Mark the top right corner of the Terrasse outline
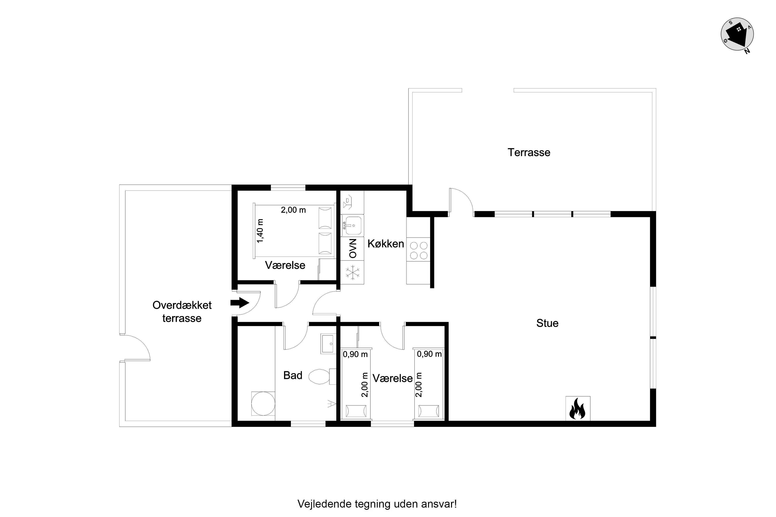[x=656, y=88]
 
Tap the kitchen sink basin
[x=352, y=225]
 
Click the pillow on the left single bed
[x=356, y=411]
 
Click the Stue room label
[x=547, y=323]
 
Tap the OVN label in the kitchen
[x=353, y=248]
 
